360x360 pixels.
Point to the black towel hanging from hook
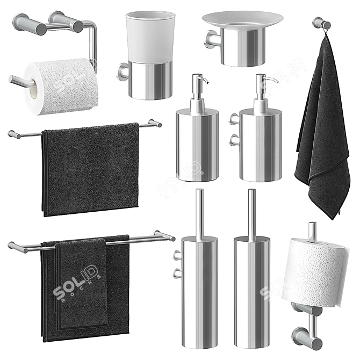[323, 134]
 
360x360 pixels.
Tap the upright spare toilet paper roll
[315, 272]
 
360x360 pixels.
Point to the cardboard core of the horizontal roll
[34, 87]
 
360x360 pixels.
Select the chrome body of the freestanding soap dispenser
[197, 145]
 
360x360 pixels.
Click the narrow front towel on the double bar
[82, 285]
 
